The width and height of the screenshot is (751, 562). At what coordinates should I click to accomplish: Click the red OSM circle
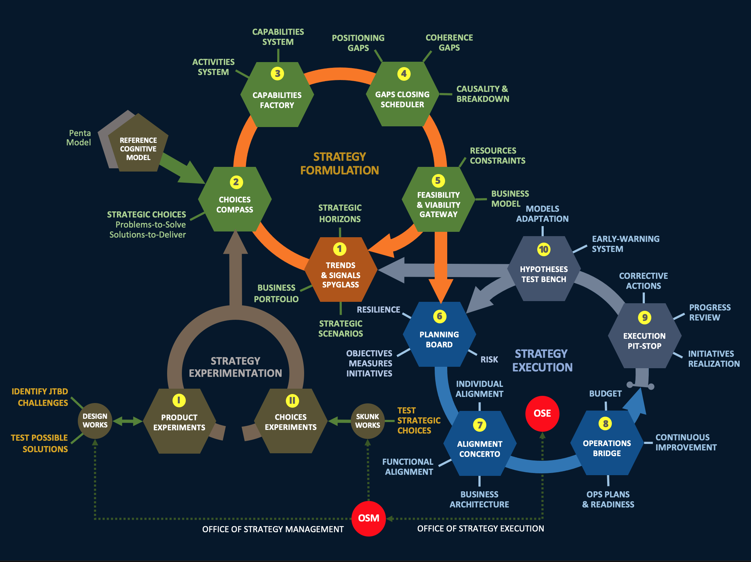[368, 518]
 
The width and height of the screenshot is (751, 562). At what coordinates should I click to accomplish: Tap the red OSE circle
[542, 413]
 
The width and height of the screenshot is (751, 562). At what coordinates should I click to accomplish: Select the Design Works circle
[95, 421]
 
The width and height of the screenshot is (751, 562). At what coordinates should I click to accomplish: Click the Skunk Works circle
[368, 421]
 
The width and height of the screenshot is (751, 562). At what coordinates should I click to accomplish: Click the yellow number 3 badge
[277, 74]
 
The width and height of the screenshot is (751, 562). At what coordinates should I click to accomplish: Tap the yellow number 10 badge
[544, 249]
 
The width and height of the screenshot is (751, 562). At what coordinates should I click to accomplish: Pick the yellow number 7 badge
[480, 425]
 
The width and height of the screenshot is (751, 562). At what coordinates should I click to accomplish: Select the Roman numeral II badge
[292, 401]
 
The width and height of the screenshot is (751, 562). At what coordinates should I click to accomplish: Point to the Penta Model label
[79, 138]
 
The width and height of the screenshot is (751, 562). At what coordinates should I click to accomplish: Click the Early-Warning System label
[625, 244]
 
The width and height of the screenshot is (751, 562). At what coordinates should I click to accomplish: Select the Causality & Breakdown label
[482, 94]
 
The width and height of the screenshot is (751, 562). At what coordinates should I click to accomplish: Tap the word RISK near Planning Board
[489, 360]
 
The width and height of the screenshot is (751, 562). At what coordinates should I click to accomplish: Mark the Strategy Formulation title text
[339, 164]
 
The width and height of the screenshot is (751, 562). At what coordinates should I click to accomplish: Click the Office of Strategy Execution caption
[481, 529]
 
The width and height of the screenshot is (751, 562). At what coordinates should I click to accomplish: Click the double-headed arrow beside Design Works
[128, 421]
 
